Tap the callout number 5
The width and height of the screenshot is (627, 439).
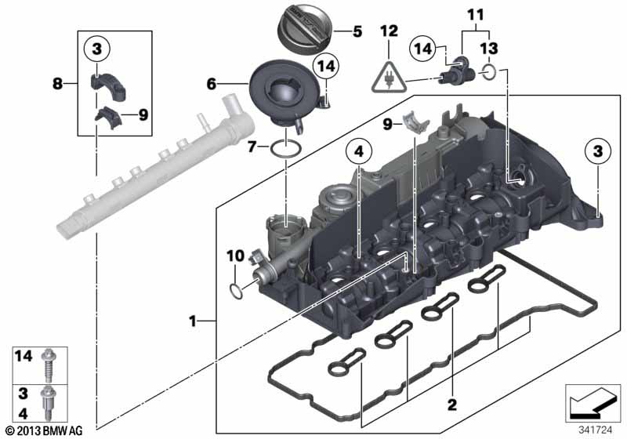[357, 32]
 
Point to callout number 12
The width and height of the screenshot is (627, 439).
[390, 31]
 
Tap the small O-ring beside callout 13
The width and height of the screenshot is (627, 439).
[487, 73]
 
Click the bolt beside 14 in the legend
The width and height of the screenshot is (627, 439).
[49, 359]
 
